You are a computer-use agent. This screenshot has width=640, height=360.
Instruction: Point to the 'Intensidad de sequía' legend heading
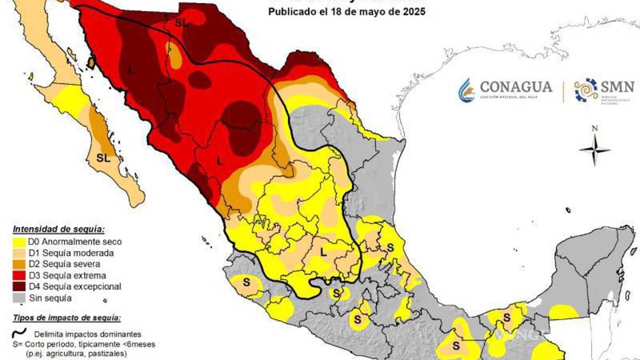(x=59, y=229)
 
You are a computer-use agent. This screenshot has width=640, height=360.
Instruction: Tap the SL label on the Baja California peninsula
(x=103, y=158)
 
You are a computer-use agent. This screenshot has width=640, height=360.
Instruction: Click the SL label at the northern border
(x=182, y=22)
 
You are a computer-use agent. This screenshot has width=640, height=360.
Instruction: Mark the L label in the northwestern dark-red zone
(x=131, y=69)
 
